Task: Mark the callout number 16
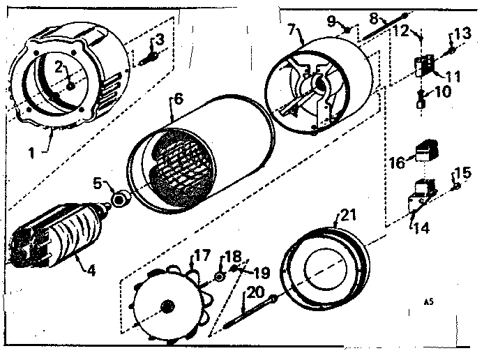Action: coord(397,163)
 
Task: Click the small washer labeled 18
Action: coord(220,276)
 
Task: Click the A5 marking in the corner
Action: coord(427,302)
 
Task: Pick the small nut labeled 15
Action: coord(455,186)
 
